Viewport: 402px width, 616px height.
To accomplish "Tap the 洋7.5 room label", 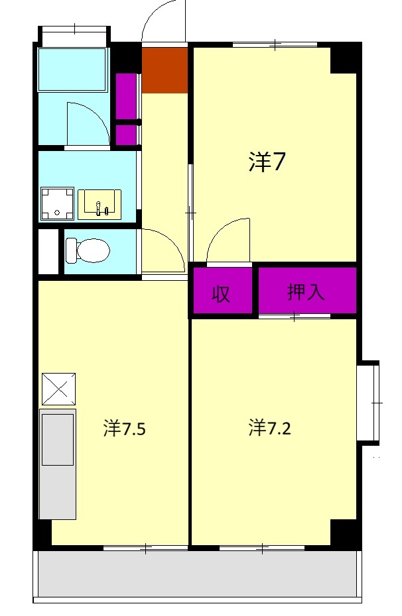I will [124, 429].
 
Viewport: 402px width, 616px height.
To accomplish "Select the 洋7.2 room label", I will [270, 428].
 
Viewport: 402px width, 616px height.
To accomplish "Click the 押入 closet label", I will [306, 292].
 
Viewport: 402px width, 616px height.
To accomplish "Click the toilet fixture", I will [87, 250].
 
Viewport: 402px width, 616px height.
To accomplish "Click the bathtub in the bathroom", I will [72, 69].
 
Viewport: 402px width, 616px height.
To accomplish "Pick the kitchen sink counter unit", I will [58, 464].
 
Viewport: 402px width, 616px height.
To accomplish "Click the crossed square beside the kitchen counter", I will [58, 389].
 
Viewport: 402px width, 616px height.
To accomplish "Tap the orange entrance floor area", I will [165, 70].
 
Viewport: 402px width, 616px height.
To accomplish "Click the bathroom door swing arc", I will [87, 123].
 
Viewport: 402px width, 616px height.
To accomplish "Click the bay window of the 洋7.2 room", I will [369, 402].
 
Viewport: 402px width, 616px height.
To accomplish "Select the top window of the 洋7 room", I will [275, 44].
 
